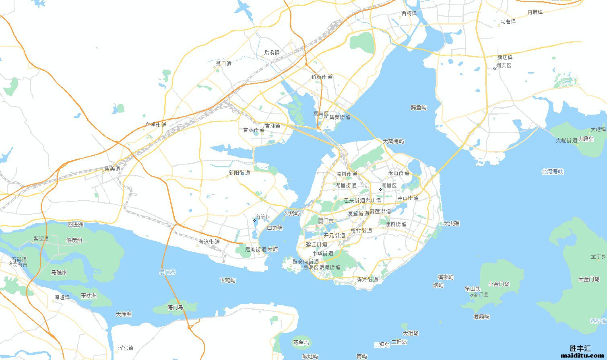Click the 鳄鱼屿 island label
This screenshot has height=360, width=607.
[x=419, y=107]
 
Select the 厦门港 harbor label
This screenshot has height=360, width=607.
[x=167, y=272]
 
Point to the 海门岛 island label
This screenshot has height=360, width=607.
[x=175, y=307]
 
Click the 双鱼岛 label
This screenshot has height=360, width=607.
[x=301, y=343]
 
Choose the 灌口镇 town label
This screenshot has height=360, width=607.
[x=223, y=64]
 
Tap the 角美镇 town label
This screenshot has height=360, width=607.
[x=112, y=169]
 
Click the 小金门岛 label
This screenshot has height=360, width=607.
[x=499, y=284]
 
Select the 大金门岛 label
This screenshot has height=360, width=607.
[x=589, y=279]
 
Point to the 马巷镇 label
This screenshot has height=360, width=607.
[x=508, y=21]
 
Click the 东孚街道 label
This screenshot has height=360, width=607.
[x=156, y=125]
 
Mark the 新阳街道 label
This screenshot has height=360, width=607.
[x=239, y=173]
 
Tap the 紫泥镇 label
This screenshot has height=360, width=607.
[x=41, y=239]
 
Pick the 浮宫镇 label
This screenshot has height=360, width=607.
[x=126, y=348]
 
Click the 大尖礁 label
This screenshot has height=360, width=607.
[x=451, y=223]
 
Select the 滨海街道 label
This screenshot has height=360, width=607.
[x=367, y=279]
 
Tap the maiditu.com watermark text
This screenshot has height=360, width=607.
[x=582, y=356]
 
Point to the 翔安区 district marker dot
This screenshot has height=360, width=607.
[x=495, y=69]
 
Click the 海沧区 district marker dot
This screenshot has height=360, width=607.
[x=254, y=220]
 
